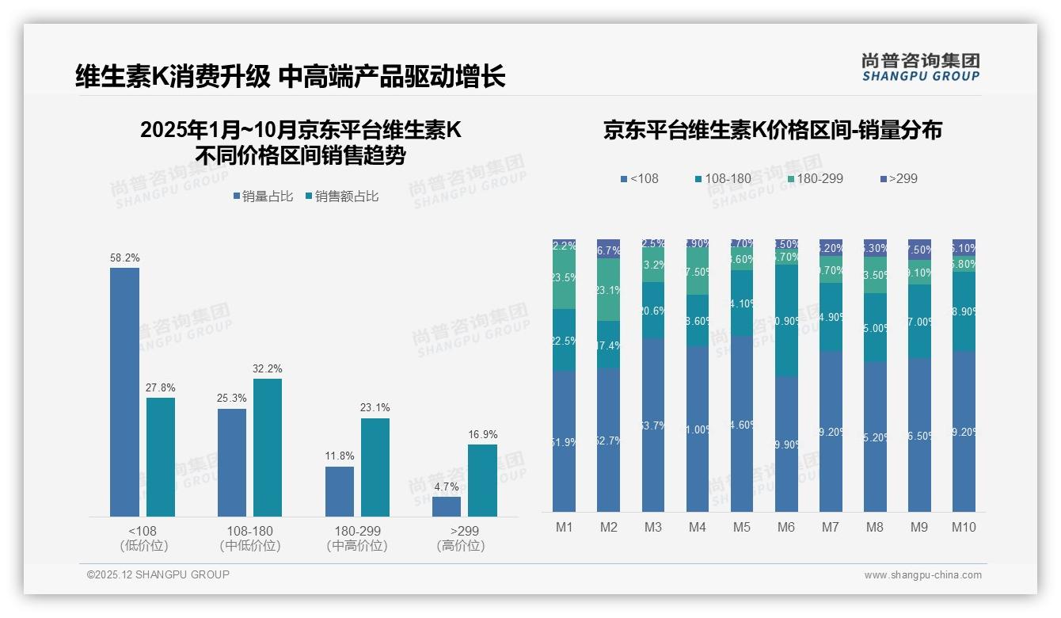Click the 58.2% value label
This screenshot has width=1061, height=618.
[124, 257]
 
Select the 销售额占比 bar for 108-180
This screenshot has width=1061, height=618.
[268, 448]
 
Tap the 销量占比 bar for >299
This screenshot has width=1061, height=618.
[447, 506]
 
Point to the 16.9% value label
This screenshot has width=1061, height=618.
[483, 434]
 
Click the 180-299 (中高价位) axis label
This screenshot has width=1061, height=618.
[357, 538]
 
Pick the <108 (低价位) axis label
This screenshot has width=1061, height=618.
[143, 538]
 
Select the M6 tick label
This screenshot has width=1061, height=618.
[785, 527]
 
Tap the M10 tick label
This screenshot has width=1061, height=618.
[964, 527]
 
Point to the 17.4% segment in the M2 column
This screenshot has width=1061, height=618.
[608, 345]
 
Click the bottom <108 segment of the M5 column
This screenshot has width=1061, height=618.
[742, 424]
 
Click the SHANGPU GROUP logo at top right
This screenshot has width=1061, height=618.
[921, 67]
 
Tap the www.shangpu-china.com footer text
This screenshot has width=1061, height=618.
[922, 575]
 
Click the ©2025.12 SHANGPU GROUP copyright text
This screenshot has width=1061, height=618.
[158, 574]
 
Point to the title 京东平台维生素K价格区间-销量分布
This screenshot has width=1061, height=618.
[773, 130]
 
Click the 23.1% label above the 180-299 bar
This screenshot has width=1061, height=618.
[375, 407]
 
